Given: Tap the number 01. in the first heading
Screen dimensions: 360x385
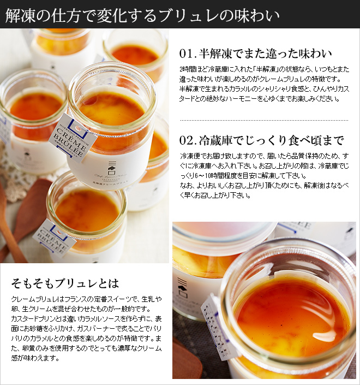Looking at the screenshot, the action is (188, 54).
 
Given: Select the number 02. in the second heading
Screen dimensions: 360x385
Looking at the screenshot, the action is (188, 140).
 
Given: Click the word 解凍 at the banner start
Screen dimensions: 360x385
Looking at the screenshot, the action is (20, 16).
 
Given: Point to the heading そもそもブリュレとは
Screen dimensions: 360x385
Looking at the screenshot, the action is (65, 283).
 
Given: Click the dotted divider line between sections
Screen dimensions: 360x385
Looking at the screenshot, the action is (264, 120).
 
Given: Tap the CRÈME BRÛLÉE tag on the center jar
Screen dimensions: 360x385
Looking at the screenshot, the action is (73, 138).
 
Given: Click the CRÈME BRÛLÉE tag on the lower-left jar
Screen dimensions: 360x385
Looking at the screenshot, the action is (55, 239).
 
